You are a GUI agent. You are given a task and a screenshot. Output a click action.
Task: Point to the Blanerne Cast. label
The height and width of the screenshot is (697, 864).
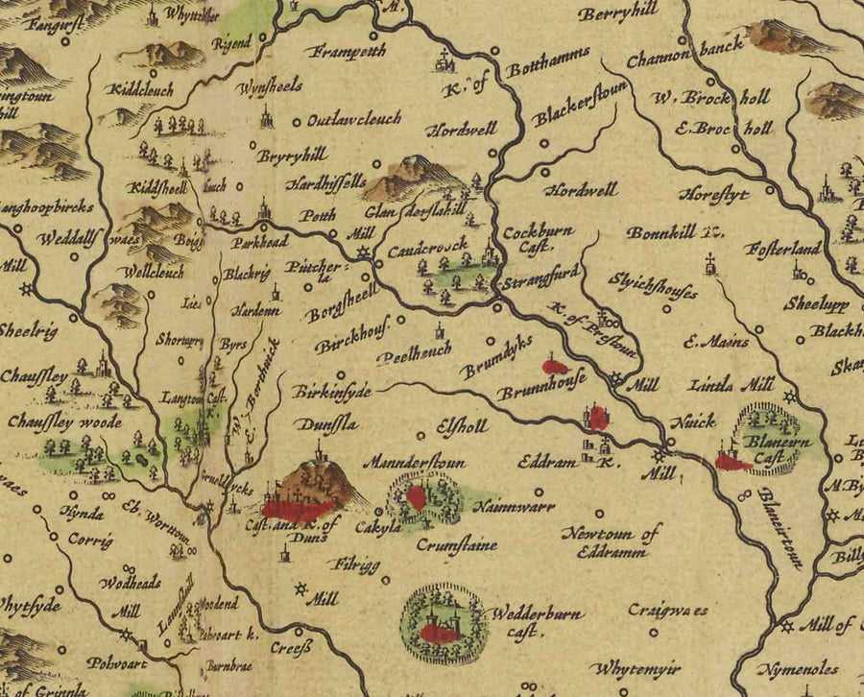774,450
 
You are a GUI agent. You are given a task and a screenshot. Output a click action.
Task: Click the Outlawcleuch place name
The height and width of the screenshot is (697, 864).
353,121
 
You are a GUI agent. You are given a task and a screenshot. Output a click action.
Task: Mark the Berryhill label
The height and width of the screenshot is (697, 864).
616,12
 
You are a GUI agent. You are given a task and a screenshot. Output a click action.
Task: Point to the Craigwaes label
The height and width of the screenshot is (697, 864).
668,609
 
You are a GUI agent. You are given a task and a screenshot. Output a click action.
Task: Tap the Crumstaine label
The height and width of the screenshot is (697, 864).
457,545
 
